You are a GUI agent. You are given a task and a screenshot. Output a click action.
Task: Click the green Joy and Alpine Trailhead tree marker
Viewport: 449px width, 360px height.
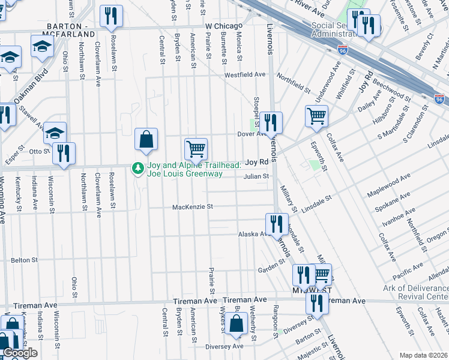pyautogui.click(x=138, y=169)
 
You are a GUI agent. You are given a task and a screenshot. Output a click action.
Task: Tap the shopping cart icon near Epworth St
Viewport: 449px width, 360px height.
pyautogui.click(x=316, y=115)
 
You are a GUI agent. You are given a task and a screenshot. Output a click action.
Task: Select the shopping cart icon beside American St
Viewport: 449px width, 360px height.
pyautogui.click(x=196, y=148)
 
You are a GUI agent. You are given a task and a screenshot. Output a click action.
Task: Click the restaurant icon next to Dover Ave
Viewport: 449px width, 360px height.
pyautogui.click(x=271, y=122)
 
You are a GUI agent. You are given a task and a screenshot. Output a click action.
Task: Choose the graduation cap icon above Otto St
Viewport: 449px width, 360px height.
pyautogui.click(x=55, y=133)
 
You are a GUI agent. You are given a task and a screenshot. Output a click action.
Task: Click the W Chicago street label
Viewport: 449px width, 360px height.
pyautogui.click(x=223, y=26)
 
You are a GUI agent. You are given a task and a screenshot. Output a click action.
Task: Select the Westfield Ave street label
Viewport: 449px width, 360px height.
pyautogui.click(x=245, y=74)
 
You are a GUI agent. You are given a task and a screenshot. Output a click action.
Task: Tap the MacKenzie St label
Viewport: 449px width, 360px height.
pyautogui.click(x=193, y=207)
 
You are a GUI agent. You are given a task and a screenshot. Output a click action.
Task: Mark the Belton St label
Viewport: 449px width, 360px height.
pyautogui.click(x=25, y=260)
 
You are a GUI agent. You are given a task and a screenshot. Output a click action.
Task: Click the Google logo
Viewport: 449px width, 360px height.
pyautogui.click(x=20, y=353)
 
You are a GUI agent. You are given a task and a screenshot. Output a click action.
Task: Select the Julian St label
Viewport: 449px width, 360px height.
pyautogui.click(x=255, y=176)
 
